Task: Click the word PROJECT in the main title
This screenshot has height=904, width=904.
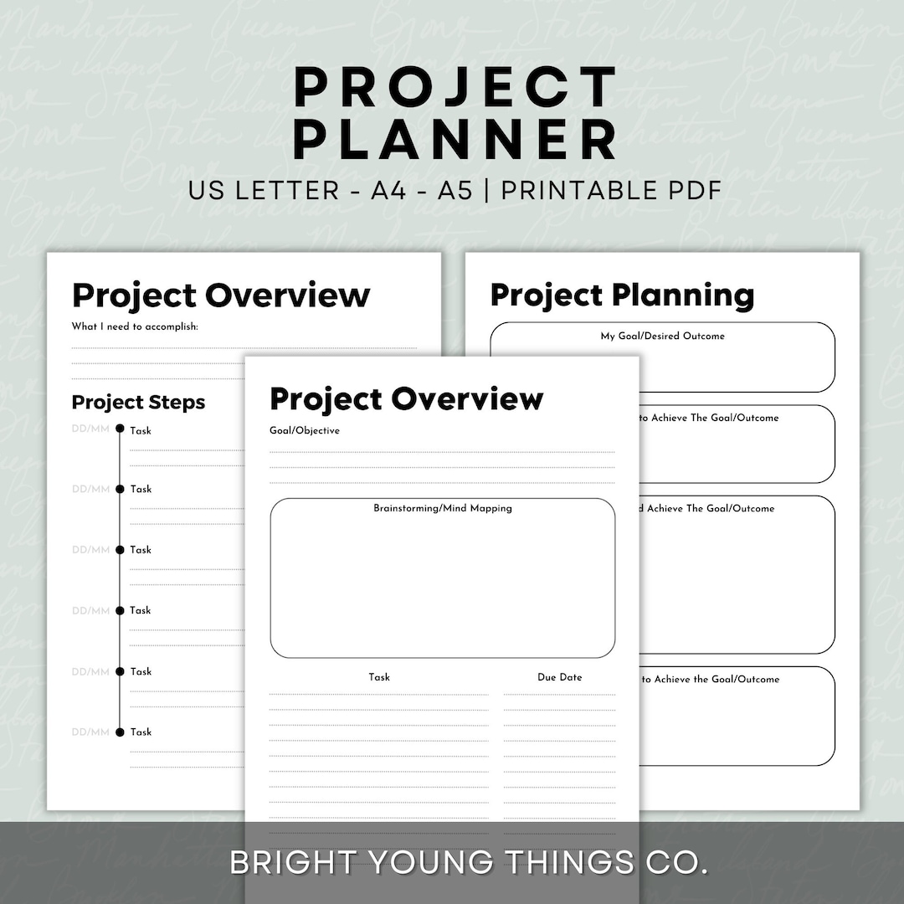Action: (x=455, y=87)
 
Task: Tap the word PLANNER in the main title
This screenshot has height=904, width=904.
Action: (x=455, y=140)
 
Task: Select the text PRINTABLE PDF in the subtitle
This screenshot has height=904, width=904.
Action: (x=611, y=190)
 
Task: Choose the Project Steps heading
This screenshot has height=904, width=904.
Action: (x=138, y=403)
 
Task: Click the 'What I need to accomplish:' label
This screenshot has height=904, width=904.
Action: (x=135, y=326)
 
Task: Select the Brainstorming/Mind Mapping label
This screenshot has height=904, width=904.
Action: (x=442, y=508)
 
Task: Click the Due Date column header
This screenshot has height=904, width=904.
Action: (x=559, y=677)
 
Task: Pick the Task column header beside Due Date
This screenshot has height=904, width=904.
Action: (x=379, y=677)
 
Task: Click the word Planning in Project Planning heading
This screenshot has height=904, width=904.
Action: (x=682, y=295)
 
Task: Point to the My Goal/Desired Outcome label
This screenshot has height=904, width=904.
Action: (x=662, y=336)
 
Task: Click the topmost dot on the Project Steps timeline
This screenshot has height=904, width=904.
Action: (x=120, y=429)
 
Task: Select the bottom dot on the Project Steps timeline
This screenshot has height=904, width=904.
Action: (x=120, y=732)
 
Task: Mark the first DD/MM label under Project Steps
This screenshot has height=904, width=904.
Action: (x=90, y=429)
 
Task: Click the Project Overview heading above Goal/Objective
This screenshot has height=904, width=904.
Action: (x=406, y=399)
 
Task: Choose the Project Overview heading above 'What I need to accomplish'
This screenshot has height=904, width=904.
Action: (x=221, y=295)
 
